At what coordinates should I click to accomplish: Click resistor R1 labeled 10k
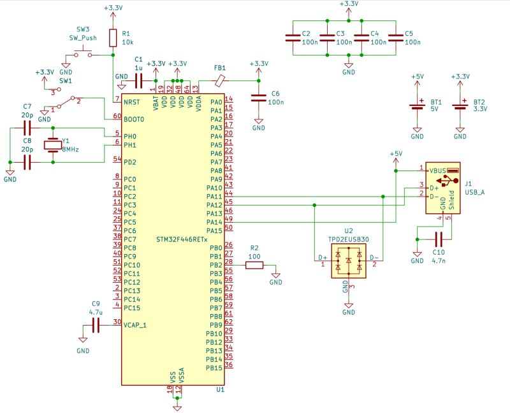[x=113, y=38]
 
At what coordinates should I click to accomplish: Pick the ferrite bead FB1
[x=220, y=80]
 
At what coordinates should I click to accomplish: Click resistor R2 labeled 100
[x=254, y=265]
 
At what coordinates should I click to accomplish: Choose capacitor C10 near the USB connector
[x=438, y=239]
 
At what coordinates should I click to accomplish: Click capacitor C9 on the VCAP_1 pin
[x=96, y=325]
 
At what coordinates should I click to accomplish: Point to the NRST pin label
[x=132, y=102]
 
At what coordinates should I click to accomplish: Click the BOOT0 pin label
[x=135, y=119]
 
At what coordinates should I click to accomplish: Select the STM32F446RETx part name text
[x=181, y=239]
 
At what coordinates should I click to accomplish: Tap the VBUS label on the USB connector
[x=437, y=171]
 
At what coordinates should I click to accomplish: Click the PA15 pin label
[x=214, y=230]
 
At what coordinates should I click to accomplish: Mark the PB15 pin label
[x=214, y=368]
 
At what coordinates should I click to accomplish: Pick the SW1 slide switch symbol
[x=66, y=102]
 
